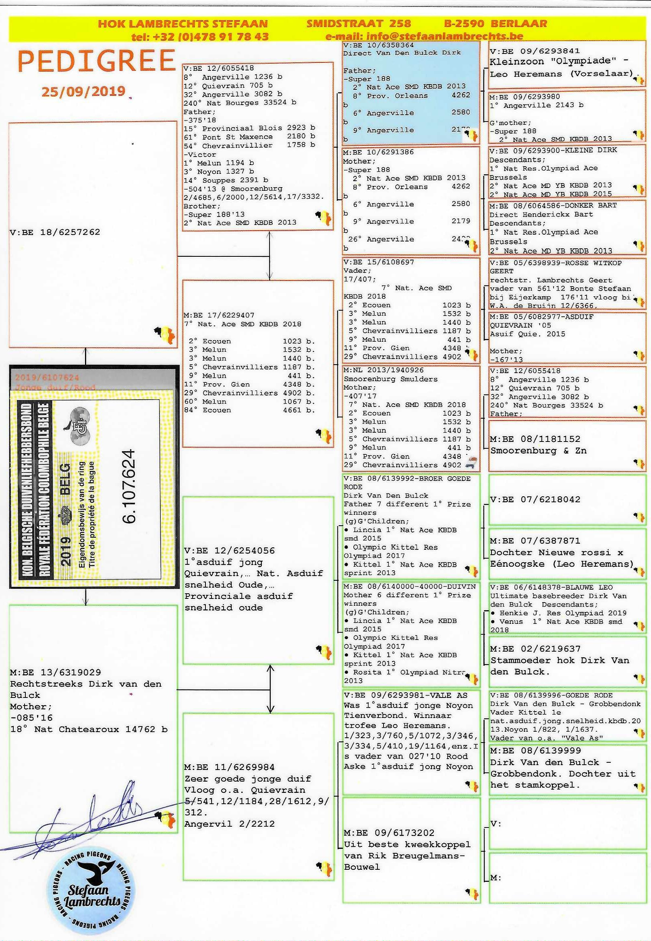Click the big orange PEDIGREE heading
click(96, 61)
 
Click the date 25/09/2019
click(83, 91)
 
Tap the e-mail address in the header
click(424, 36)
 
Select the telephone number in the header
click(200, 36)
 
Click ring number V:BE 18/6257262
click(55, 232)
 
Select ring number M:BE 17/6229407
click(219, 315)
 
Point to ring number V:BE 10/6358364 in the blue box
click(379, 45)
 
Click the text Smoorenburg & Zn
click(539, 450)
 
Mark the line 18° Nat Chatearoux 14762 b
click(89, 729)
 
